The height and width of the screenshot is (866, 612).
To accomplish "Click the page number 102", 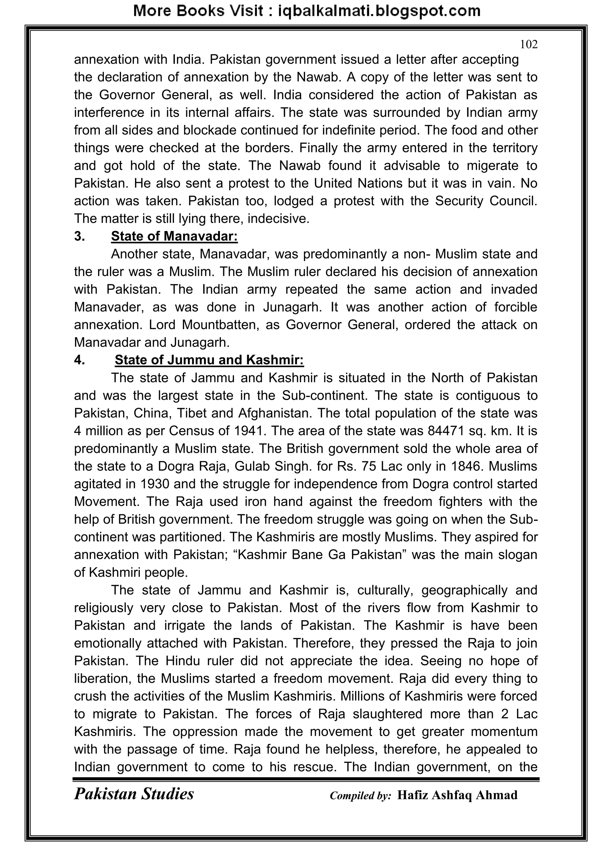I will (x=529, y=45).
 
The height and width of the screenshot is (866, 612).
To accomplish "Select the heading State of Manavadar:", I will (x=174, y=237).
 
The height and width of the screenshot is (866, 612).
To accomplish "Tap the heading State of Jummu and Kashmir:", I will (x=209, y=360).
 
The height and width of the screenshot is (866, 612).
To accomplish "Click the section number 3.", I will (x=79, y=237).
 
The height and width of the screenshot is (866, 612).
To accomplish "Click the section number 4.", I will (x=79, y=360).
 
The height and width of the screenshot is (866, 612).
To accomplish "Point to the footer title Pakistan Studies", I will (x=134, y=794).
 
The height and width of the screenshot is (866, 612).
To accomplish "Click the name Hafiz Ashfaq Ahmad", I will (x=457, y=795).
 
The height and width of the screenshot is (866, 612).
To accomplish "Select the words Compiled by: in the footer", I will (x=360, y=796).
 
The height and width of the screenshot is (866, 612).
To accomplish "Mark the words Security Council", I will (x=486, y=201).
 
